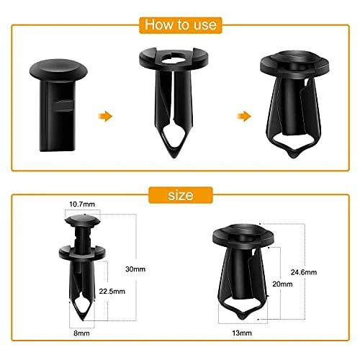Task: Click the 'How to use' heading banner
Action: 179,25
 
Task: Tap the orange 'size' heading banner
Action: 180,195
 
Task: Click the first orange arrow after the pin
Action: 106,114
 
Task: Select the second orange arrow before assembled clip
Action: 245,116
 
